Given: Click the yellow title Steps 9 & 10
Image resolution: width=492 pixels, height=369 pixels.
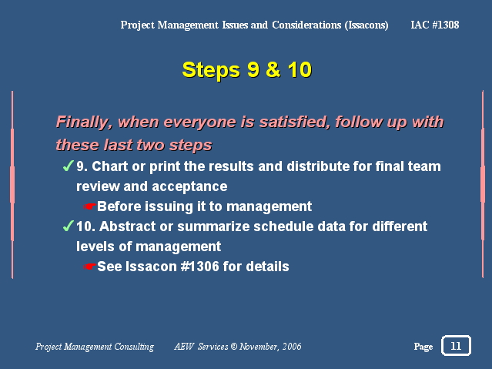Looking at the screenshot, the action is [x=247, y=70].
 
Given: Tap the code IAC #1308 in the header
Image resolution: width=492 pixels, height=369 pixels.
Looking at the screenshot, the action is [x=435, y=25].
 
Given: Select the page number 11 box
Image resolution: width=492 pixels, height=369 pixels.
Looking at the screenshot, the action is [x=456, y=346].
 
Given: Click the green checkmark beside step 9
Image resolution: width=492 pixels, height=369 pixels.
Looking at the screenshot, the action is [x=68, y=166].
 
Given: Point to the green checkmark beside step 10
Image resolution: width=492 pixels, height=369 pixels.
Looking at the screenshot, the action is [x=68, y=226].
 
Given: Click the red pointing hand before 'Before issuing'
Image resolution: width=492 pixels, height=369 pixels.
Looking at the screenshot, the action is [x=90, y=206].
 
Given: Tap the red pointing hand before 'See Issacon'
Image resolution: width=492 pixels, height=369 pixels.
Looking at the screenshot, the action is [x=90, y=267].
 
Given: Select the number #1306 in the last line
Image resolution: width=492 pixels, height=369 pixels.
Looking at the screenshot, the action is [x=199, y=267].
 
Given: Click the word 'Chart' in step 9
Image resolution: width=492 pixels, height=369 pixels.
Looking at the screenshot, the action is [x=109, y=166].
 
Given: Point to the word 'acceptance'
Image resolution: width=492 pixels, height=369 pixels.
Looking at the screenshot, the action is [x=189, y=187].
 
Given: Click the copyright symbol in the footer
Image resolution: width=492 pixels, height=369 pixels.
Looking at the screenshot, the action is [x=234, y=347].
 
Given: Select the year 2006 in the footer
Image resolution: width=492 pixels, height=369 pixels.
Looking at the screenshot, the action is [x=292, y=347].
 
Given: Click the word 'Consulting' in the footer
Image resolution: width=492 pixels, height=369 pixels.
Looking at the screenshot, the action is [x=134, y=347].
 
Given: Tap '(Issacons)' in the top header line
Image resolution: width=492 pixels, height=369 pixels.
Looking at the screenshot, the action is [x=366, y=25].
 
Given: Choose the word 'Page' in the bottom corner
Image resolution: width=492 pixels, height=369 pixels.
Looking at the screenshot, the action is [x=423, y=347].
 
